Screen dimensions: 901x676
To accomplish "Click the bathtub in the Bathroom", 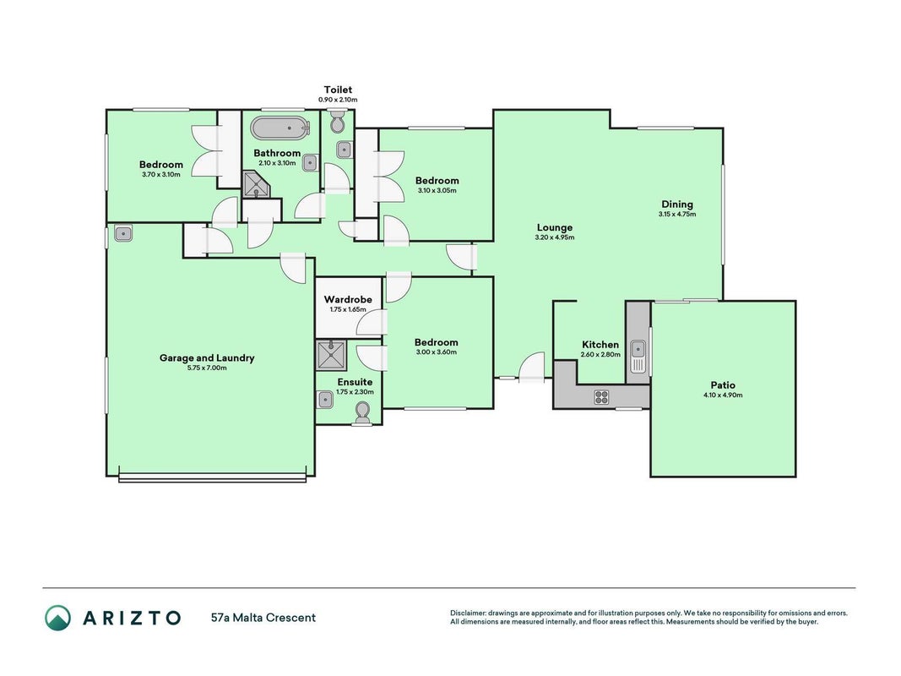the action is pyautogui.click(x=280, y=128).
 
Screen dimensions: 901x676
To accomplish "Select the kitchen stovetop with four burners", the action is pyautogui.click(x=601, y=396).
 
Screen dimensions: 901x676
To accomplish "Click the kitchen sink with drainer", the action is pyautogui.click(x=638, y=357).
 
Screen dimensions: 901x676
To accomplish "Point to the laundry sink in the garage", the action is pyautogui.click(x=123, y=233).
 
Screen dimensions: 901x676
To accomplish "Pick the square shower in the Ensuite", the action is pyautogui.click(x=331, y=355).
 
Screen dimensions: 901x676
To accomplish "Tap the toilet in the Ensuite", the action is pyautogui.click(x=362, y=412).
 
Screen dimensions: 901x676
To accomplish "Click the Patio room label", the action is pyautogui.click(x=723, y=385).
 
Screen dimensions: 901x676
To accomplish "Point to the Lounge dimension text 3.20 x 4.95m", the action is pyautogui.click(x=555, y=237).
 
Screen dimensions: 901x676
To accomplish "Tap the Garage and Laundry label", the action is pyautogui.click(x=207, y=358).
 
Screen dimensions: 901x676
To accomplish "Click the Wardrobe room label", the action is pyautogui.click(x=348, y=299).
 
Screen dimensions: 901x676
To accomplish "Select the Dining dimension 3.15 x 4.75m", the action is pyautogui.click(x=677, y=214).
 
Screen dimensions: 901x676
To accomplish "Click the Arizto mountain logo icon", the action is pyautogui.click(x=58, y=618).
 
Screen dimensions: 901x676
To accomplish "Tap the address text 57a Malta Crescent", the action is pyautogui.click(x=263, y=618).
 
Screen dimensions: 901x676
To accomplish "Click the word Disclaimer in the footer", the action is pyautogui.click(x=468, y=613).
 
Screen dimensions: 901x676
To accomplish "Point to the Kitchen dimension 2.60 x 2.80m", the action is pyautogui.click(x=600, y=355).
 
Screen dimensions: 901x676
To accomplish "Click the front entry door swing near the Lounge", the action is pyautogui.click(x=532, y=366).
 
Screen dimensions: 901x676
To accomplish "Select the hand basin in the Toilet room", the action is pyautogui.click(x=344, y=150).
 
